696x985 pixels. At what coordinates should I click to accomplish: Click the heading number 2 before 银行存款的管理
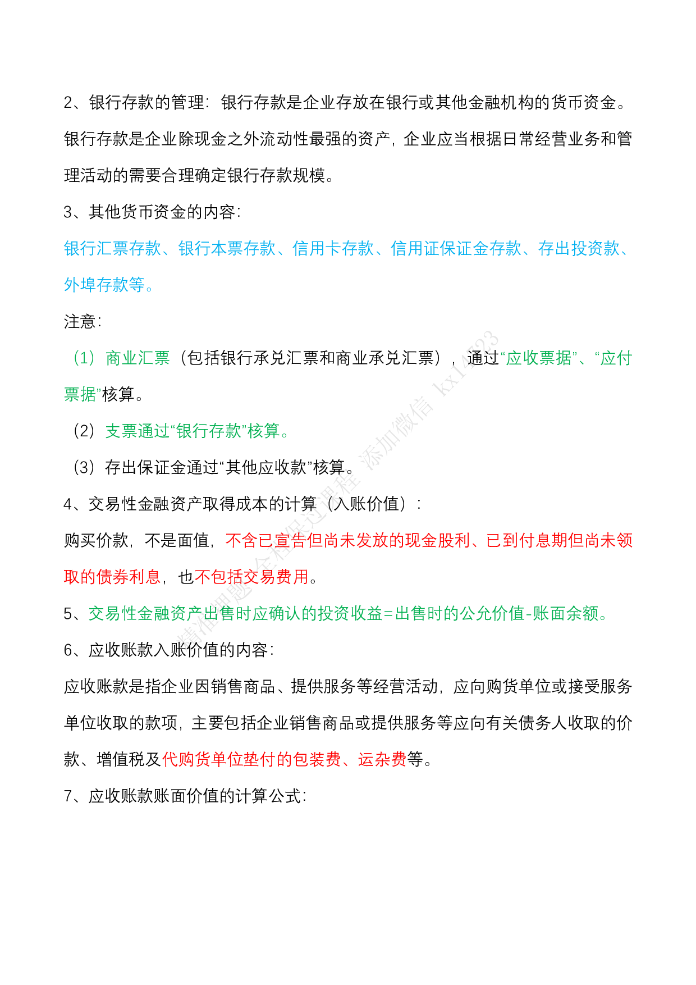[x=68, y=103]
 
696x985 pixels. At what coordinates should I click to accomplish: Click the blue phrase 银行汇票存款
[x=113, y=248]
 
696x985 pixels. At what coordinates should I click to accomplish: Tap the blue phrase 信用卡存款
[x=333, y=248]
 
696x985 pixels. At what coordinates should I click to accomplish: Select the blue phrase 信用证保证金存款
[x=456, y=248]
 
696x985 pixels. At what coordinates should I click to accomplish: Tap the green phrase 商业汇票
[x=138, y=358]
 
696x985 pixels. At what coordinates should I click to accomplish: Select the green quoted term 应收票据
[x=539, y=358]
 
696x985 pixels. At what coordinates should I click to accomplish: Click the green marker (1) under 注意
[x=84, y=358]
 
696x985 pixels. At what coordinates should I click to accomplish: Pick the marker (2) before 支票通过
[x=84, y=431]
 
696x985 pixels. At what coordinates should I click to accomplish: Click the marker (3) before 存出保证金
[x=84, y=467]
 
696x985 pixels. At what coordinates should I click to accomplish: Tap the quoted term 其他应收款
[x=266, y=467]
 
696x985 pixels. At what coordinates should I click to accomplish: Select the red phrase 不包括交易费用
[x=252, y=577]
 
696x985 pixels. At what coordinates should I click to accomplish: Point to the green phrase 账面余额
[x=566, y=613]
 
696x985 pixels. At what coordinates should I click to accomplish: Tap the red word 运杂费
[x=382, y=759]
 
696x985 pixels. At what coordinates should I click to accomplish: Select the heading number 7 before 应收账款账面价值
[x=68, y=796]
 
